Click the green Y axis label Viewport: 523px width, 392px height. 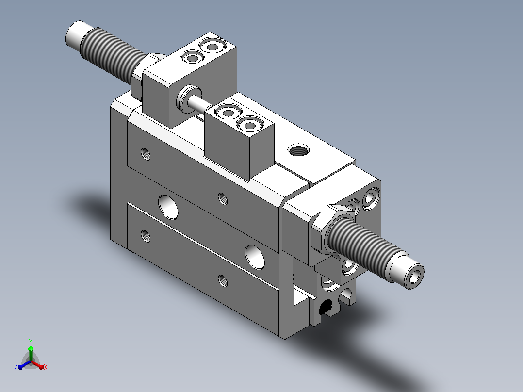(31, 341)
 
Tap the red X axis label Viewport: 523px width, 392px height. (46, 367)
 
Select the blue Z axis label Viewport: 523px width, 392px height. (16, 367)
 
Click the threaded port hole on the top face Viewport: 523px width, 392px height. (298, 150)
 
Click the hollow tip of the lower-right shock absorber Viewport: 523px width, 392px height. (414, 276)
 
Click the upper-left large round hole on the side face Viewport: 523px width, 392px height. (168, 207)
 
